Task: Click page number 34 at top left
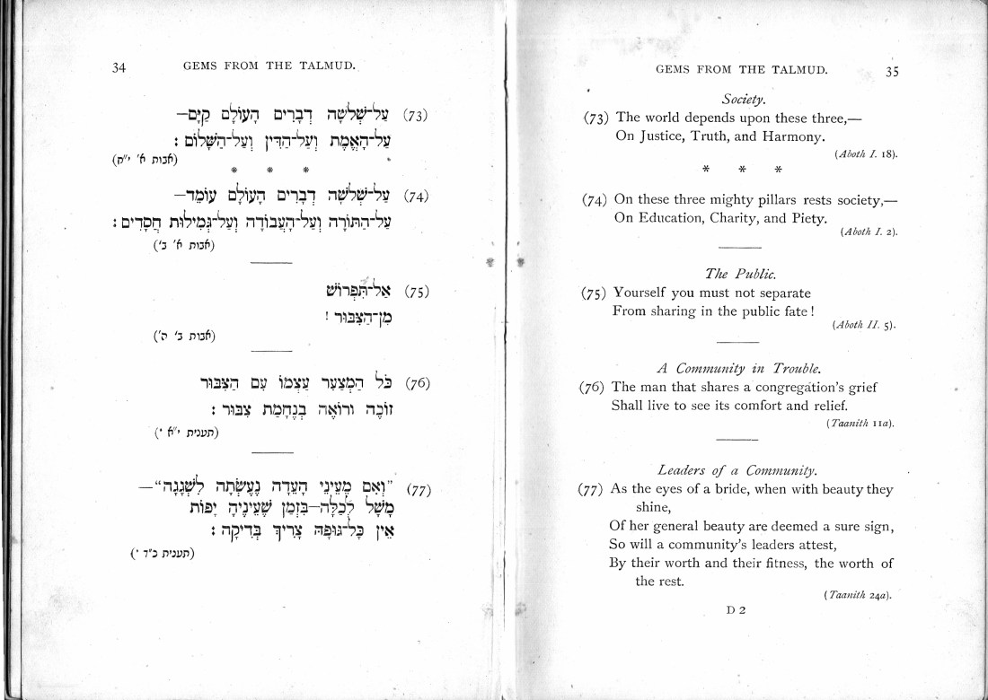tap(119, 67)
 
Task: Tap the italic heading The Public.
tap(742, 274)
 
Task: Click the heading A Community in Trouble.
tap(742, 368)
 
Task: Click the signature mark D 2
tap(736, 611)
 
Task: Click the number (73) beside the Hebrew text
tap(415, 115)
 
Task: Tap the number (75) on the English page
tap(595, 293)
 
